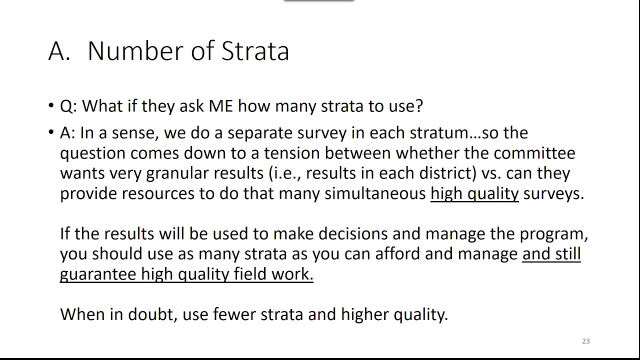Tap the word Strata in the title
(x=255, y=51)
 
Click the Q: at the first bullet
(x=68, y=106)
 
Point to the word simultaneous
(x=375, y=193)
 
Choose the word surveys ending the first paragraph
(x=553, y=193)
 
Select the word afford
(x=397, y=254)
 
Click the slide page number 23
(x=586, y=341)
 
